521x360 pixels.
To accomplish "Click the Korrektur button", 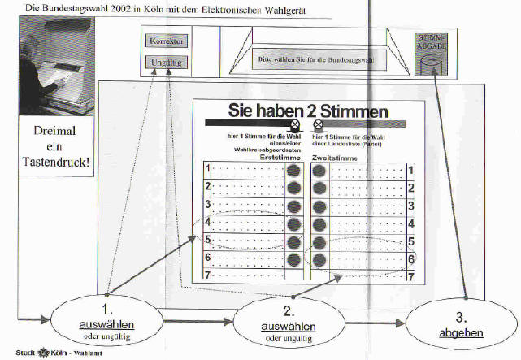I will point(167,41).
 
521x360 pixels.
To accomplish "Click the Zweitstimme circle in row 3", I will point(319,206).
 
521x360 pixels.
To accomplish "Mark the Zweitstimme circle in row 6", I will point(319,259).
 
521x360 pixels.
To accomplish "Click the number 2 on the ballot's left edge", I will point(207,188).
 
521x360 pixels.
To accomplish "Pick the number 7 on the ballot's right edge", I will point(410,276).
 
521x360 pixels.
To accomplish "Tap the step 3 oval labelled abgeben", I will point(462,325).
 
